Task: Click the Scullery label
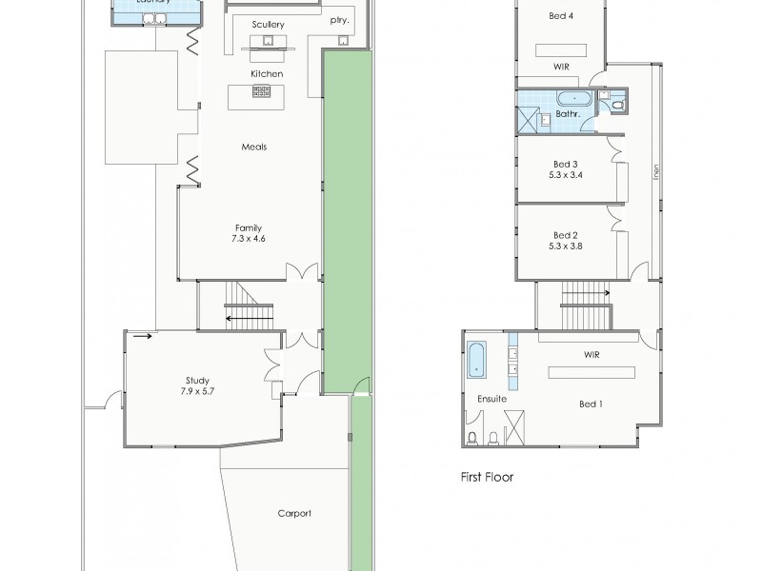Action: tap(269, 24)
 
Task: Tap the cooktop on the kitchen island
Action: tap(260, 92)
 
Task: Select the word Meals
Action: tap(253, 147)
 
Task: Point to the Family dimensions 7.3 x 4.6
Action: tap(248, 239)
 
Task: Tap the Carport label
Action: tap(294, 513)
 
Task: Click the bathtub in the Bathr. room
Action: tap(574, 98)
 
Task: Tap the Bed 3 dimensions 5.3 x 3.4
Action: tap(566, 175)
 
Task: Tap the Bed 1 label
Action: tap(592, 404)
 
